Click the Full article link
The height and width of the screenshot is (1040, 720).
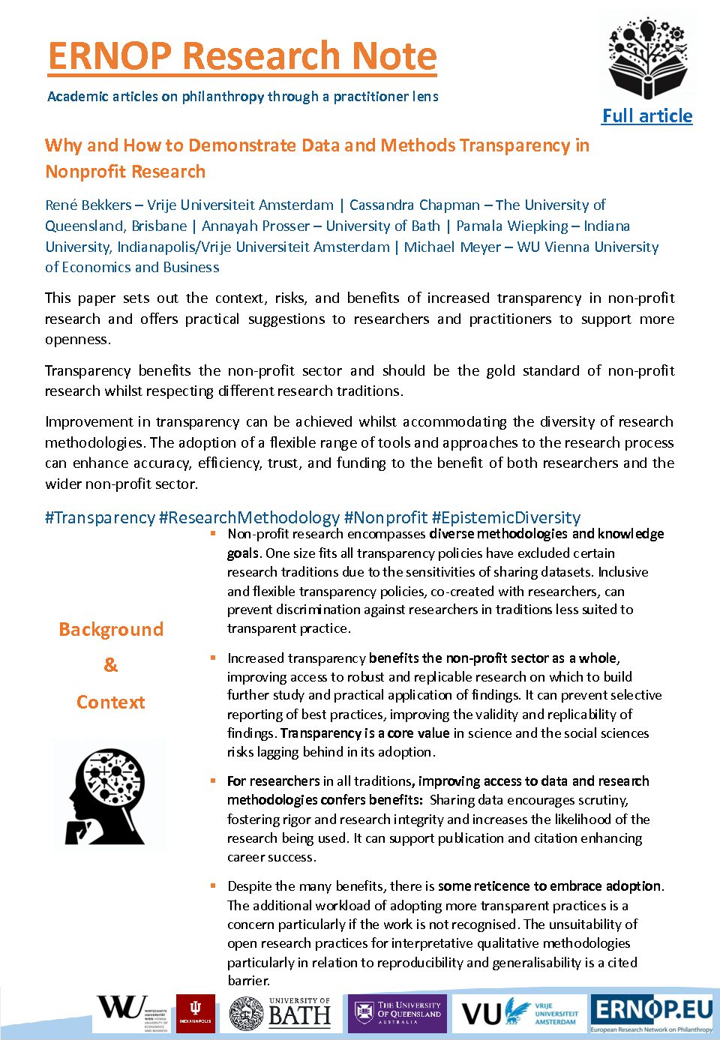click(x=647, y=116)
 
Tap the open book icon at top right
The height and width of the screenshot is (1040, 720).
click(x=646, y=59)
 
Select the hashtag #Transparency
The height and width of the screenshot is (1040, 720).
click(x=100, y=517)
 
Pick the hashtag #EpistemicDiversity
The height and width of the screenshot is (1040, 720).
click(x=506, y=517)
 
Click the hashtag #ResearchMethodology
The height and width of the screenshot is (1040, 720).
click(x=249, y=517)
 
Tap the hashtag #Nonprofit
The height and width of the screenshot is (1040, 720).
click(x=385, y=517)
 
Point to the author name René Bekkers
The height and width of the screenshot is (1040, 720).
click(x=88, y=205)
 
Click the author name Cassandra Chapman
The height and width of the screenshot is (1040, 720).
click(x=415, y=205)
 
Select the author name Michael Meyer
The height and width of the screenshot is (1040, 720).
click(x=452, y=247)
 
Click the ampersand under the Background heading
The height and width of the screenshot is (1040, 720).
click(x=111, y=665)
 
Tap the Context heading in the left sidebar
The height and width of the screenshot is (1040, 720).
click(x=111, y=703)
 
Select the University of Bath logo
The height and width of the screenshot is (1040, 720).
click(x=280, y=1013)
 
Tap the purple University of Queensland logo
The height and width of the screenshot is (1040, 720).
click(x=397, y=1013)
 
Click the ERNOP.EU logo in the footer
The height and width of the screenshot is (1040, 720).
click(x=651, y=1012)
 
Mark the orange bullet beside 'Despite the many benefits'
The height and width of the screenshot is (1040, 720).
click(x=213, y=886)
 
